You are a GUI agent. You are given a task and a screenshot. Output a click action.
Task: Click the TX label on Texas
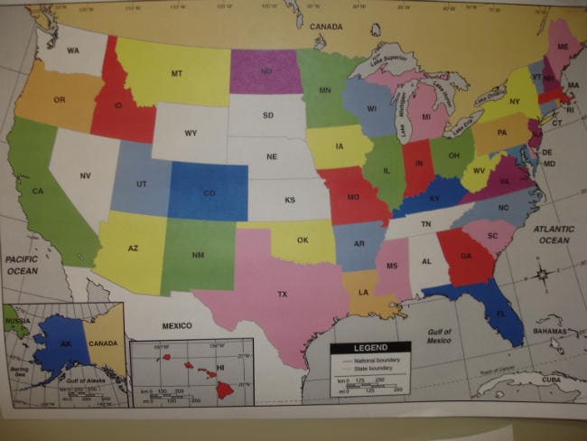click(282, 295)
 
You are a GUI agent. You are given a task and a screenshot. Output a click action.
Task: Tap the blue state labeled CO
click(209, 192)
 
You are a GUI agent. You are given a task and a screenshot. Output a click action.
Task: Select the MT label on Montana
click(177, 73)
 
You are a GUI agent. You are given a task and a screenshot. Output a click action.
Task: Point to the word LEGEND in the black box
click(369, 348)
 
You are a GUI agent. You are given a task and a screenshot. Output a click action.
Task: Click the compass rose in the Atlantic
click(541, 274)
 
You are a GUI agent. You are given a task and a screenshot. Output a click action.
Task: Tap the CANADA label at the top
click(326, 27)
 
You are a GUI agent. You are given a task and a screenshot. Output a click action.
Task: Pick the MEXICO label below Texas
click(177, 324)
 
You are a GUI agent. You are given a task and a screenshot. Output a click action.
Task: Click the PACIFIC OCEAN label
click(22, 265)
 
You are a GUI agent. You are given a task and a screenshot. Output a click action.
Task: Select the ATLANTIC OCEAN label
click(554, 235)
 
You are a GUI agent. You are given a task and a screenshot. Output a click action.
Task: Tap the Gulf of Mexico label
click(440, 336)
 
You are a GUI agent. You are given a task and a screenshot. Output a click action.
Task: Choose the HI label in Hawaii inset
click(220, 370)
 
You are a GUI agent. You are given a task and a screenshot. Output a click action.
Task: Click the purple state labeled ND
click(266, 70)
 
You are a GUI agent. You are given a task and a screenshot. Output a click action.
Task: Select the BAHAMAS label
click(549, 332)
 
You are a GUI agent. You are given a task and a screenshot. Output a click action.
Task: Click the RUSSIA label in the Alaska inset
click(15, 321)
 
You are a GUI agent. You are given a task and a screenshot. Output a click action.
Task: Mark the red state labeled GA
click(465, 256)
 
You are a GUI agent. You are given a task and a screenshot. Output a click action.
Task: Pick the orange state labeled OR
click(60, 99)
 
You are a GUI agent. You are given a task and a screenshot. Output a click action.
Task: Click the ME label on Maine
click(563, 47)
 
